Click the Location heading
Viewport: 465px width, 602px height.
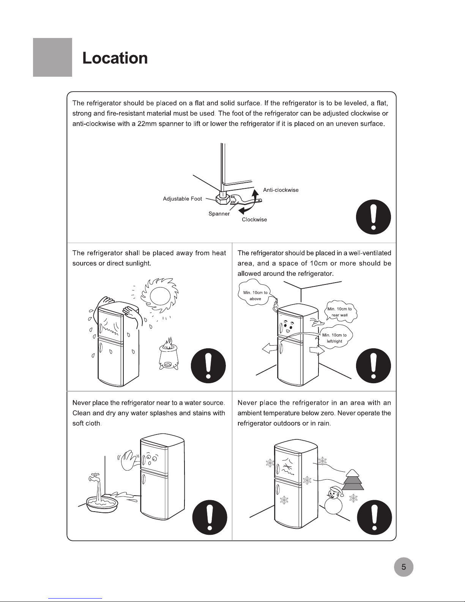point(115,58)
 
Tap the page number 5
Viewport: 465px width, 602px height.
point(404,567)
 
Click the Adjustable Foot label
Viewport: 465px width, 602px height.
point(182,199)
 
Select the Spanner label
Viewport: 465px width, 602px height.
point(219,214)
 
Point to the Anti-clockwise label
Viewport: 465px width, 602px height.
point(281,190)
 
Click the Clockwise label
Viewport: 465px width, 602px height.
point(254,220)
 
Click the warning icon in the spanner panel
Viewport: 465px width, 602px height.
point(373,217)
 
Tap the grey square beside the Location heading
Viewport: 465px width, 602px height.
point(52,57)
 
